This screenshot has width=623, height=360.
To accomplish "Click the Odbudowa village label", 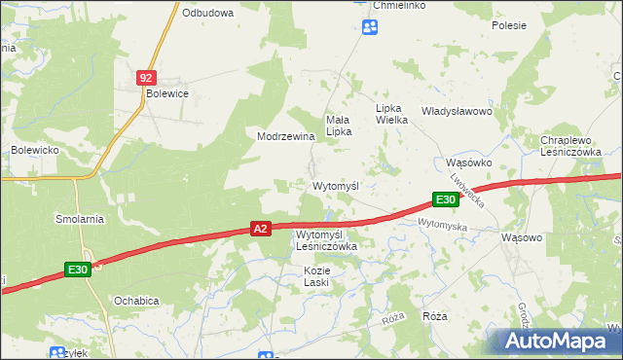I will (207, 13).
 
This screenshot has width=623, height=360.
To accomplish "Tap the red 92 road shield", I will (146, 76).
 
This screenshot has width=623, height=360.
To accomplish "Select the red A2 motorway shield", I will (260, 229).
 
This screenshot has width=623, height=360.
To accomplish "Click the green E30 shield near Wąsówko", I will (445, 199).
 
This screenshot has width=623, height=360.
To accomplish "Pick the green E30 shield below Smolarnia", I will (79, 270).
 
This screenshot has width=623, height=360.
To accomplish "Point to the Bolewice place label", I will (166, 93).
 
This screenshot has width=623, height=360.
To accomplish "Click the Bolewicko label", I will (36, 150).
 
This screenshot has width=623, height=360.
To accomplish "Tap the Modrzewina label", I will (285, 136).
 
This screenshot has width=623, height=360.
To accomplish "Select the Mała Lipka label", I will (338, 126).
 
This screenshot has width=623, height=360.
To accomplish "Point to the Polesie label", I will (508, 25).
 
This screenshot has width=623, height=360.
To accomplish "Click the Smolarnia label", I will (80, 219).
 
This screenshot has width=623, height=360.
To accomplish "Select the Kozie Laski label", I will (316, 275).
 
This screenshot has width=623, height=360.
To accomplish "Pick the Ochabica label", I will (135, 300).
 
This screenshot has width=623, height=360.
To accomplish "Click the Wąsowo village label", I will (520, 236).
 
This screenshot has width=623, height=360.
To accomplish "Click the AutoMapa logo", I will (558, 341).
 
